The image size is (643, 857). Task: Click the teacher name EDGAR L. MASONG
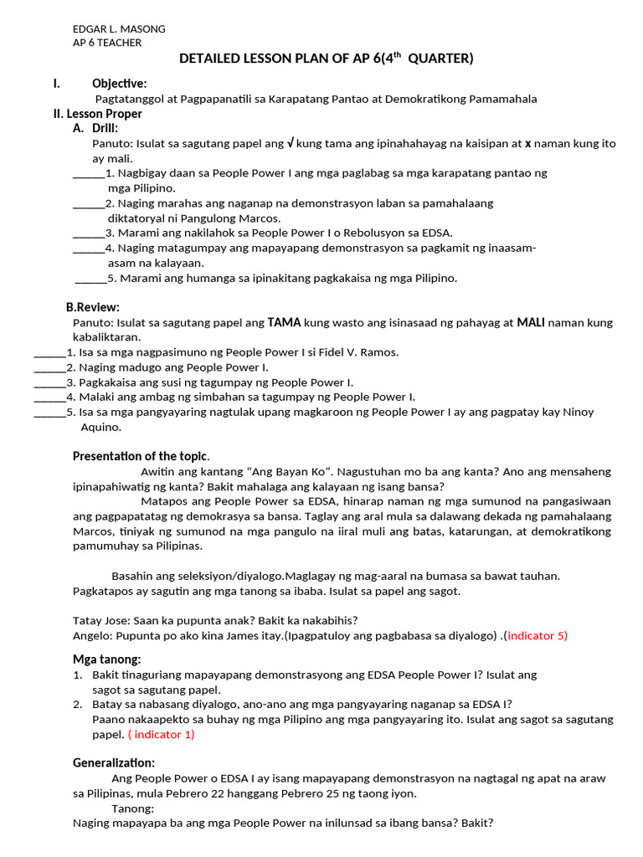point(120,28)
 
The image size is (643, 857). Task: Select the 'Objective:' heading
point(119,83)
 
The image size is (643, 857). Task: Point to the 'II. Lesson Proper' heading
point(97,114)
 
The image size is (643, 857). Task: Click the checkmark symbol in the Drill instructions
point(290,143)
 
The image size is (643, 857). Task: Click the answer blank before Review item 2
point(49,367)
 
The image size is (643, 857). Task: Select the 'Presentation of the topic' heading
point(140,456)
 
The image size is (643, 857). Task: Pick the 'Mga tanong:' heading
point(106,659)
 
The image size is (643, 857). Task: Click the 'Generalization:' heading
point(113,762)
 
